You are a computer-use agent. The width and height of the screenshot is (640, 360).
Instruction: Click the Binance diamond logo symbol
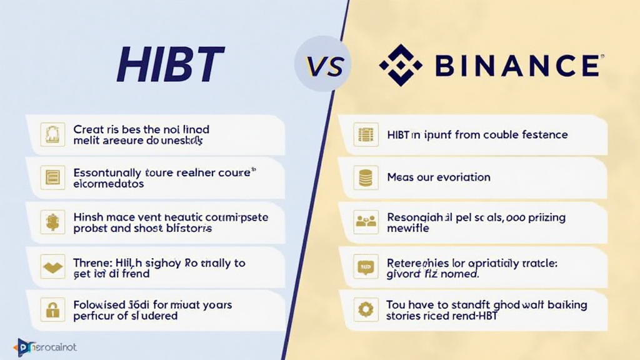(401, 65)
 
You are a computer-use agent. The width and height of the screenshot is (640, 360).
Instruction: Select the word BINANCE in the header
(517, 66)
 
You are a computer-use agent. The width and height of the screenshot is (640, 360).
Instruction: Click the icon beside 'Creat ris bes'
(52, 135)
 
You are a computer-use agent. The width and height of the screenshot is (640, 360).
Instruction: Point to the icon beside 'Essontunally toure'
(52, 177)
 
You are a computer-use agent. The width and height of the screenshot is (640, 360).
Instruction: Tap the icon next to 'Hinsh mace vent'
(52, 221)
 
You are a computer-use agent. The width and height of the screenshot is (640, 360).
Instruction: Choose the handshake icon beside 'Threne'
(52, 266)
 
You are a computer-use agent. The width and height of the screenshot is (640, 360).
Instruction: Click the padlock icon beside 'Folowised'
(52, 309)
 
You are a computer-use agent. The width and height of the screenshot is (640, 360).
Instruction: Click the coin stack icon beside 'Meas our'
(365, 177)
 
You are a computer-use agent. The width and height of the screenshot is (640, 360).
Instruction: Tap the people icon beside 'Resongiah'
(365, 221)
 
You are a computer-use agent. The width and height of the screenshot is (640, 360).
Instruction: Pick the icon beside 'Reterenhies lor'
(365, 266)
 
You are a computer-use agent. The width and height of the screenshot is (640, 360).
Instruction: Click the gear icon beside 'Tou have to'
(365, 309)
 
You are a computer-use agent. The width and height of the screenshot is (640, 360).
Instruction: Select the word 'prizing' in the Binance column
(544, 217)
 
